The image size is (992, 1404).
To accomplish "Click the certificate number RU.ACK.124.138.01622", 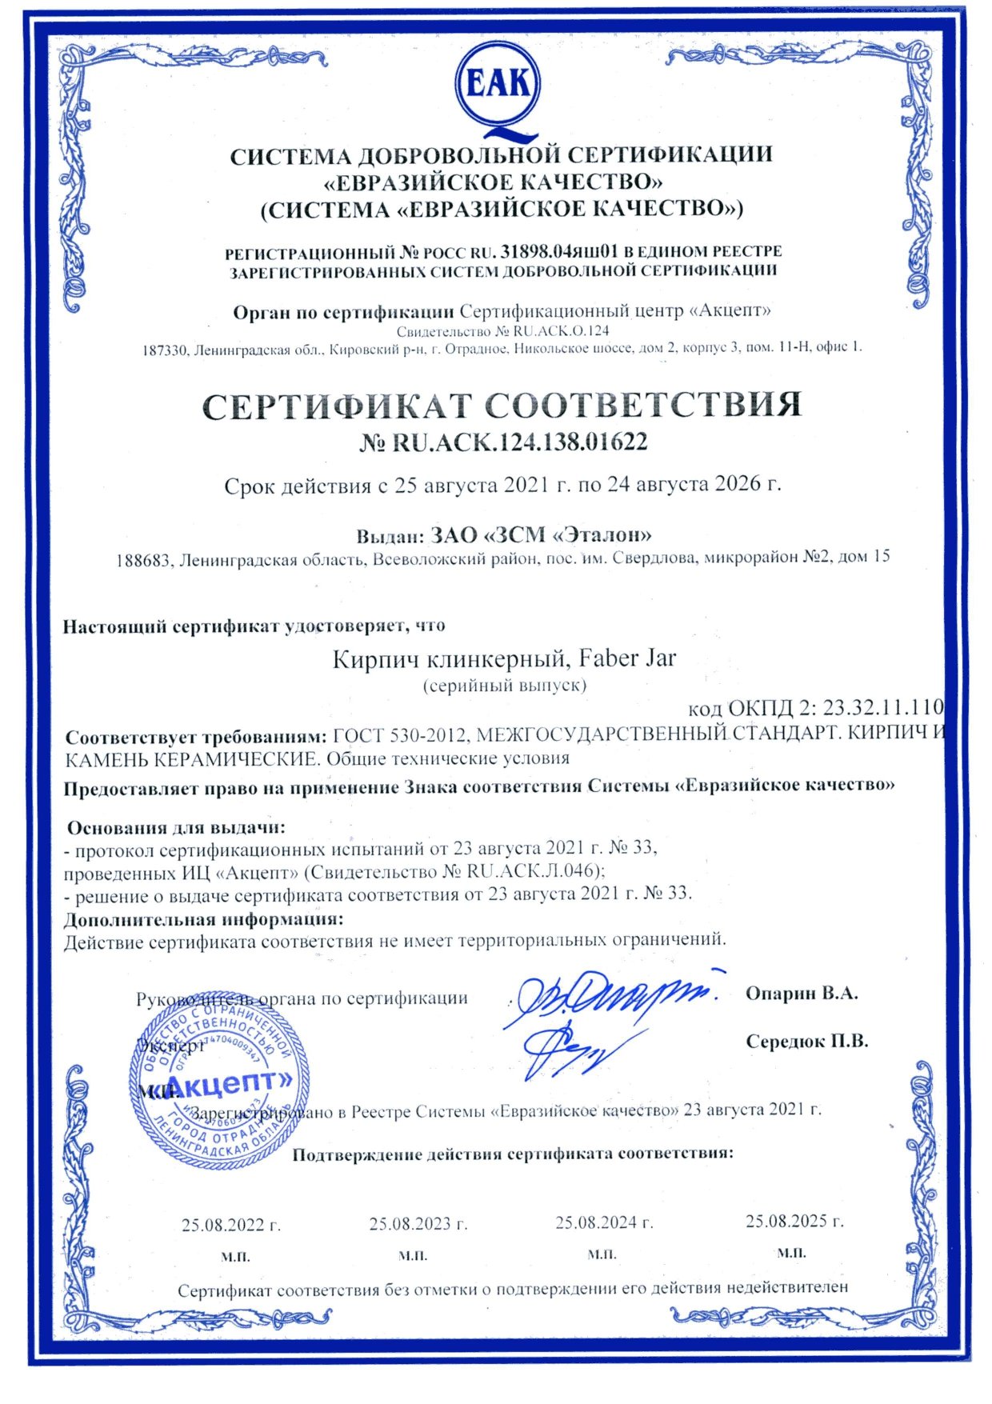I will click(518, 442).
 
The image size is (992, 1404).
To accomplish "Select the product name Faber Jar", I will click(627, 658).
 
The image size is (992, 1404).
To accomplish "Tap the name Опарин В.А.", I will click(802, 994).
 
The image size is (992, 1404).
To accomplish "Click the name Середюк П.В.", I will click(806, 1042).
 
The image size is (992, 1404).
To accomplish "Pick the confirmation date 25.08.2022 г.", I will click(231, 1225).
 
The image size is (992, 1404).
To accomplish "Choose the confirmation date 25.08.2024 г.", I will click(605, 1222).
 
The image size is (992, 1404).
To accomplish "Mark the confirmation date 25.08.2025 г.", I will click(794, 1222).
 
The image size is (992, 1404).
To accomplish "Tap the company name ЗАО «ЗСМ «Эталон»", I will click(541, 534).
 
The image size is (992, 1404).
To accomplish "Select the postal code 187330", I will click(164, 350).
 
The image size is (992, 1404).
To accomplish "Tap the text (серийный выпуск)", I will click(504, 686).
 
